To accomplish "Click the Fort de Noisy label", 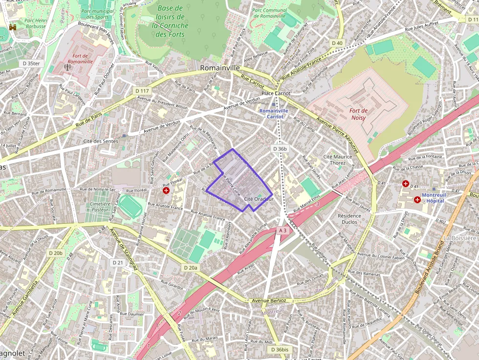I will tap(358, 114).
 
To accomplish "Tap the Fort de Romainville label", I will tap(80, 59).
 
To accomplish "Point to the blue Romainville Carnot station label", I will tap(274, 114).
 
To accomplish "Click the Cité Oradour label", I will tap(259, 199).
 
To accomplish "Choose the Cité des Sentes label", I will tap(101, 141).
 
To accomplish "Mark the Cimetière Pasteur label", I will tap(100, 207).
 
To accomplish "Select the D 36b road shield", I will tap(281, 148).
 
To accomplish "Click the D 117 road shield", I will tap(142, 91).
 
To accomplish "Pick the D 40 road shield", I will tap(337, 43).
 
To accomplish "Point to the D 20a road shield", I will tap(191, 268).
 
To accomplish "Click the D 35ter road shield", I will tap(31, 64).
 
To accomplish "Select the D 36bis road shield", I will tap(280, 350).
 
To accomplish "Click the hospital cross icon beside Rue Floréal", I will tap(166, 190).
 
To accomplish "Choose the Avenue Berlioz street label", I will tap(268, 300).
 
